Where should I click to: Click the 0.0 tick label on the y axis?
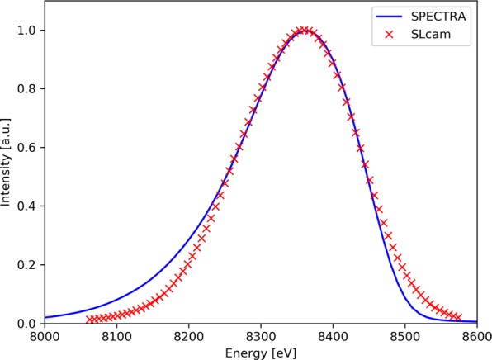click(x=28, y=324)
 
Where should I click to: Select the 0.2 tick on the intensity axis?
click(x=28, y=265)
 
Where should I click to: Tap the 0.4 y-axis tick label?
click(x=28, y=206)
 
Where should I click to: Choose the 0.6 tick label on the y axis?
click(x=28, y=148)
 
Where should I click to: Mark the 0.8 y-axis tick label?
click(x=28, y=89)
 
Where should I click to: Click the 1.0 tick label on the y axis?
click(x=28, y=31)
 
